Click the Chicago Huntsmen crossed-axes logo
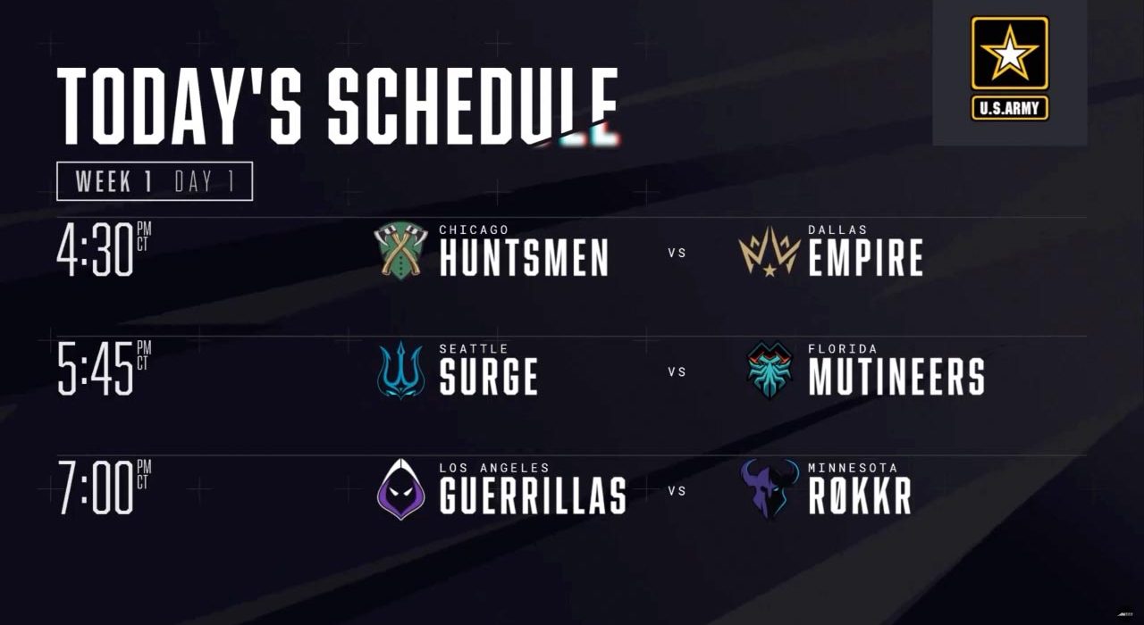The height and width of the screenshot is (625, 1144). coord(401,250)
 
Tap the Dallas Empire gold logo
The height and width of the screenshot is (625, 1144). coord(770,251)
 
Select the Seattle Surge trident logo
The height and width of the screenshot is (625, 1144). coord(401,370)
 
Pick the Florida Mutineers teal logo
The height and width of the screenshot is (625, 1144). coord(770,370)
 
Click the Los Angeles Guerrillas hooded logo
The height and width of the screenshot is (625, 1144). coord(401,489)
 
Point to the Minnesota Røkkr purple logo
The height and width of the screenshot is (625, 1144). coord(770,488)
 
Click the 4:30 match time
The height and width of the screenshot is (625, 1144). coord(105,250)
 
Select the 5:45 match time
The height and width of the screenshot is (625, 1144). coord(105,369)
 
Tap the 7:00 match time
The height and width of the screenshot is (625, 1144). coord(105,487)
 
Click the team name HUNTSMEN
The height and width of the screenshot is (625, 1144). coord(524,258)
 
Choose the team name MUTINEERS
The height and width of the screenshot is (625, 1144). coord(896,377)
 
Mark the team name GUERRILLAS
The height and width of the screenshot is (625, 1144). coord(533,496)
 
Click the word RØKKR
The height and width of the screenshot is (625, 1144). coord(860,496)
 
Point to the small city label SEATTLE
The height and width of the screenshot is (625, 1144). coord(474,348)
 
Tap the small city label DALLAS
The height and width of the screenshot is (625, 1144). coord(837,229)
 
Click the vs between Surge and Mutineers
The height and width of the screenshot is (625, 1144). coord(677,372)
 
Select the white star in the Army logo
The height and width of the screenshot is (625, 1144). coord(1010,53)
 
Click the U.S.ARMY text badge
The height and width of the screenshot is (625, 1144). coord(1010,108)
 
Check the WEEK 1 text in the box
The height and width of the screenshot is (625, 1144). coord(114,181)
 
